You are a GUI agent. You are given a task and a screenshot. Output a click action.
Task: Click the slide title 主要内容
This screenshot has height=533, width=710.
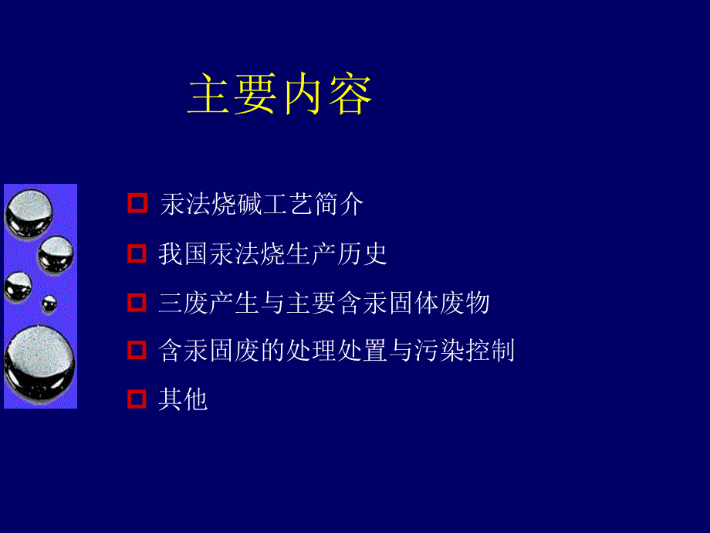pyautogui.click(x=280, y=95)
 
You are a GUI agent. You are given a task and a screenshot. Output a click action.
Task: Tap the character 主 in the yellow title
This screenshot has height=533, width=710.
pyautogui.click(x=211, y=95)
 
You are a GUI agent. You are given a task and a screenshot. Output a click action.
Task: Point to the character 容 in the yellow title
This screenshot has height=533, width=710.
pyautogui.click(x=350, y=95)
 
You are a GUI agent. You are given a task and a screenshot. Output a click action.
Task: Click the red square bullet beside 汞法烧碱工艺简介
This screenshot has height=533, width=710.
pyautogui.click(x=137, y=204)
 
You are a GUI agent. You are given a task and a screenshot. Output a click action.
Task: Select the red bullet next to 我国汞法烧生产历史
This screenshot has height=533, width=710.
pyautogui.click(x=137, y=253)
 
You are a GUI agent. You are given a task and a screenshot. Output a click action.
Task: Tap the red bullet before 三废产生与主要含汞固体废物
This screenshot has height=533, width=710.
pyautogui.click(x=137, y=302)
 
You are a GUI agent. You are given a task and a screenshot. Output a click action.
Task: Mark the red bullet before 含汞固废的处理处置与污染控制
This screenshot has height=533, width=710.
pyautogui.click(x=137, y=351)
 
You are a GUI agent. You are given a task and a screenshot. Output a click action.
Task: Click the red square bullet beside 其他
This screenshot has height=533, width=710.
pyautogui.click(x=137, y=399)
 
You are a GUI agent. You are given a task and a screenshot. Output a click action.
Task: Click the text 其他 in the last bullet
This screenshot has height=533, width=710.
pyautogui.click(x=184, y=400)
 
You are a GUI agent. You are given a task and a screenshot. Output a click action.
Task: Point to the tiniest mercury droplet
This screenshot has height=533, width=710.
pyautogui.click(x=49, y=302)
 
